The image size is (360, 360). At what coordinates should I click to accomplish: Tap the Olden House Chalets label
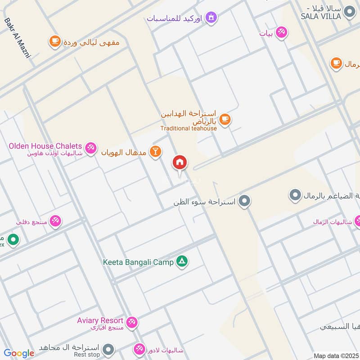pyautogui.click(x=45, y=146)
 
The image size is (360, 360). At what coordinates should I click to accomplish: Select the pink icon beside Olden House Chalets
pyautogui.click(x=91, y=148)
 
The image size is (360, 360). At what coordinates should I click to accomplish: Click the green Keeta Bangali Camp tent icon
pyautogui.click(x=182, y=262)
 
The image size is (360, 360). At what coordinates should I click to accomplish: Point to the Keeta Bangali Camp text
pyautogui.click(x=138, y=262)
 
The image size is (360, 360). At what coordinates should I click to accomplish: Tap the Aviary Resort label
pyautogui.click(x=100, y=320)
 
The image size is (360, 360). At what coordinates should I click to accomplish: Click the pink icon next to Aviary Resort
pyautogui.click(x=132, y=322)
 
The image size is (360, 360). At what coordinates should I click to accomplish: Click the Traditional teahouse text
pyautogui.click(x=189, y=128)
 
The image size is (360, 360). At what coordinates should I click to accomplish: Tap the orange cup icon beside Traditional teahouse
pyautogui.click(x=225, y=119)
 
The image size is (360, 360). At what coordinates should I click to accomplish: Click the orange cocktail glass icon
pyautogui.click(x=155, y=152)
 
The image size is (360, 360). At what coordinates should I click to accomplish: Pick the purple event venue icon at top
pyautogui.click(x=210, y=18)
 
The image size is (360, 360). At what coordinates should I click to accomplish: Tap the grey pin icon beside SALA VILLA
pyautogui.click(x=349, y=13)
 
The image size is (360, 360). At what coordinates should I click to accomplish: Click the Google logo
pyautogui.click(x=19, y=353)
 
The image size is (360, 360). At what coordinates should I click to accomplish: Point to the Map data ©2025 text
pyautogui.click(x=335, y=355)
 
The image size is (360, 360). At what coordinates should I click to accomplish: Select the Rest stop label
pyautogui.click(x=87, y=355)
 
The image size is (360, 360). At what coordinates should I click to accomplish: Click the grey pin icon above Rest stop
pyautogui.click(x=108, y=349)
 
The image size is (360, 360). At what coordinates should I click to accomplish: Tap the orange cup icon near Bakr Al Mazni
pyautogui.click(x=55, y=41)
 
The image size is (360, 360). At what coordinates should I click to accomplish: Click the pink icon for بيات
pyautogui.click(x=282, y=32)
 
